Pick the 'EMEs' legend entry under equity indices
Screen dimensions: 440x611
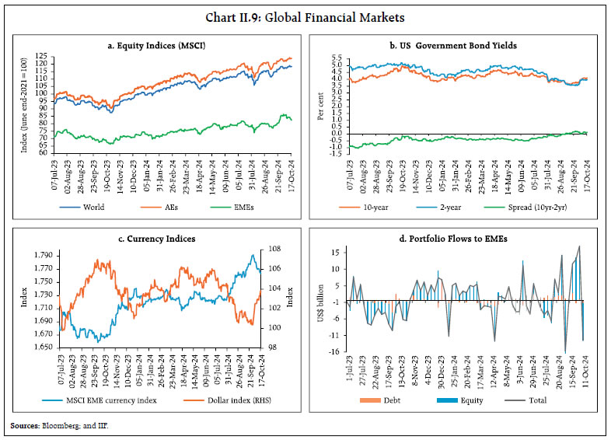click(246, 209)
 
